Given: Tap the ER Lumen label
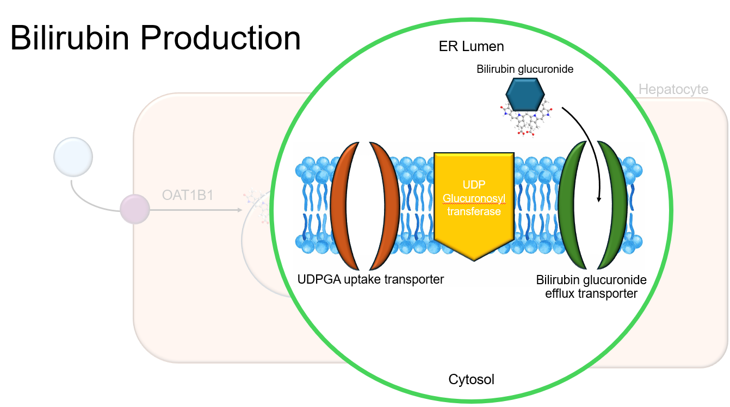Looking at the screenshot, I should click(x=471, y=47).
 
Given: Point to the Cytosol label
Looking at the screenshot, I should click(x=471, y=379).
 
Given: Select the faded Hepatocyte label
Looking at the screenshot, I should click(x=673, y=89).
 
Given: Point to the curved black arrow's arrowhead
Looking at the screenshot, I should click(x=599, y=199).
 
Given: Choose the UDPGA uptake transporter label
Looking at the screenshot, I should click(x=371, y=279).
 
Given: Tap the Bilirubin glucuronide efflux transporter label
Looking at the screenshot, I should click(x=591, y=287).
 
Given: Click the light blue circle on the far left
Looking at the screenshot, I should click(x=73, y=156).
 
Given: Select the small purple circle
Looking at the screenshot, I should click(x=135, y=210).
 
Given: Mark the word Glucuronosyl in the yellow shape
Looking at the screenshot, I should click(x=474, y=200).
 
